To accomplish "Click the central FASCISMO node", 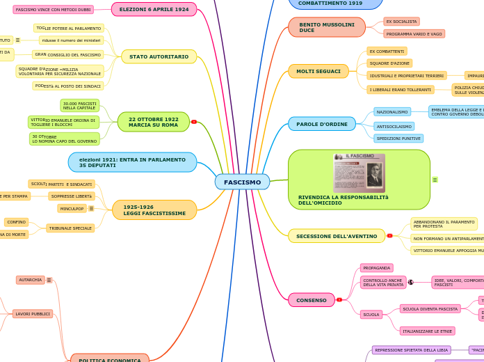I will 242,182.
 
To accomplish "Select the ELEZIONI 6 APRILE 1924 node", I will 154,10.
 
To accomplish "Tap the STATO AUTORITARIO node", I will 159,56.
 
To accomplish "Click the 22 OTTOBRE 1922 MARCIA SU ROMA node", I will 153,122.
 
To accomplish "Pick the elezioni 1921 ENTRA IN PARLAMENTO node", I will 132,162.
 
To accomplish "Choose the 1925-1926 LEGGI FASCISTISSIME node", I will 154,210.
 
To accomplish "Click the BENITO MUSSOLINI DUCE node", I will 326,27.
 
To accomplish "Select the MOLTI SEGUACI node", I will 318,71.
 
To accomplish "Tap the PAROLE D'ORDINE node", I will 321,124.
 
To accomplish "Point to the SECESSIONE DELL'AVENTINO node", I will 337,236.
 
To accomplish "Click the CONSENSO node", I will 311,300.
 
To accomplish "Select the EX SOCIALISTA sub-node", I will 401,22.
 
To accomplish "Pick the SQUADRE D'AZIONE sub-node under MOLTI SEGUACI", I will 389,63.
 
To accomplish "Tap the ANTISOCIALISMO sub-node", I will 394,127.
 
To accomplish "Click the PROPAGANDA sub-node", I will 376,268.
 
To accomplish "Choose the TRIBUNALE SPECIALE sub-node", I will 70,228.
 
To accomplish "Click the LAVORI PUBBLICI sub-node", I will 33,314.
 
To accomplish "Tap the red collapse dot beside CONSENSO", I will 339,300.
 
